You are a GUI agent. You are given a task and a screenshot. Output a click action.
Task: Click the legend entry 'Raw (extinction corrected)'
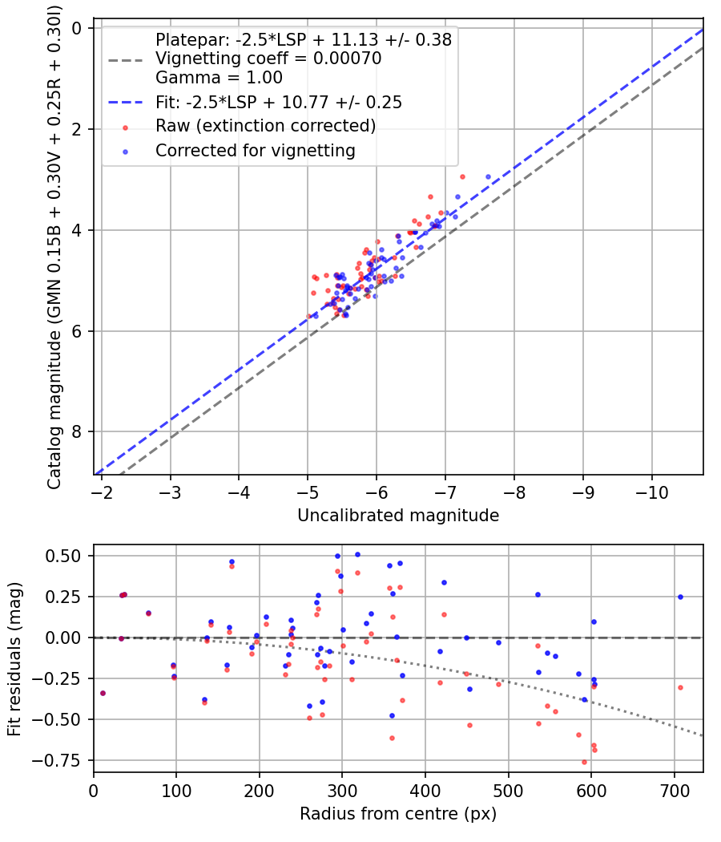pyautogui.click(x=265, y=126)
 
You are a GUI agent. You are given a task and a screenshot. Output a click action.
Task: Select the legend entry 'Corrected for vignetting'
pyautogui.click(x=256, y=150)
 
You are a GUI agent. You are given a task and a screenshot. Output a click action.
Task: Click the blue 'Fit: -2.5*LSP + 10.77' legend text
pyautogui.click(x=279, y=102)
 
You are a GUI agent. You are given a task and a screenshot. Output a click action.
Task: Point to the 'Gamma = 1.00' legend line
pyautogui.click(x=219, y=78)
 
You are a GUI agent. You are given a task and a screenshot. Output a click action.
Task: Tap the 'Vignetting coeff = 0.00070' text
pyautogui.click(x=268, y=59)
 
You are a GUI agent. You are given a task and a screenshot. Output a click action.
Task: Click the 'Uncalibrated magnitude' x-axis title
pyautogui.click(x=398, y=516)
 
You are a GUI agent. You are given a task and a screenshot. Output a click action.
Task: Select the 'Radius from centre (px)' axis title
pyautogui.click(x=398, y=814)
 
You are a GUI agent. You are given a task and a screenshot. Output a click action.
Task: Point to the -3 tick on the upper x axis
pyautogui.click(x=171, y=490)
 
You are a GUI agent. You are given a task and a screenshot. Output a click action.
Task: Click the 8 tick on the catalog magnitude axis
pyautogui.click(x=78, y=432)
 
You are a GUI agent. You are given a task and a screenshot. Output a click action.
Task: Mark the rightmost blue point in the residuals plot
pyautogui.click(x=680, y=597)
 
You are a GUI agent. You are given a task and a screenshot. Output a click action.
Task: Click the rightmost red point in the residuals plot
pyautogui.click(x=680, y=687)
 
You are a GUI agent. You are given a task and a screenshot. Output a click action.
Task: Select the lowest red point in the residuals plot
pyautogui.click(x=584, y=762)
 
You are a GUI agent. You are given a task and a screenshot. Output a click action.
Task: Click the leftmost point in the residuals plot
pyautogui.click(x=103, y=693)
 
